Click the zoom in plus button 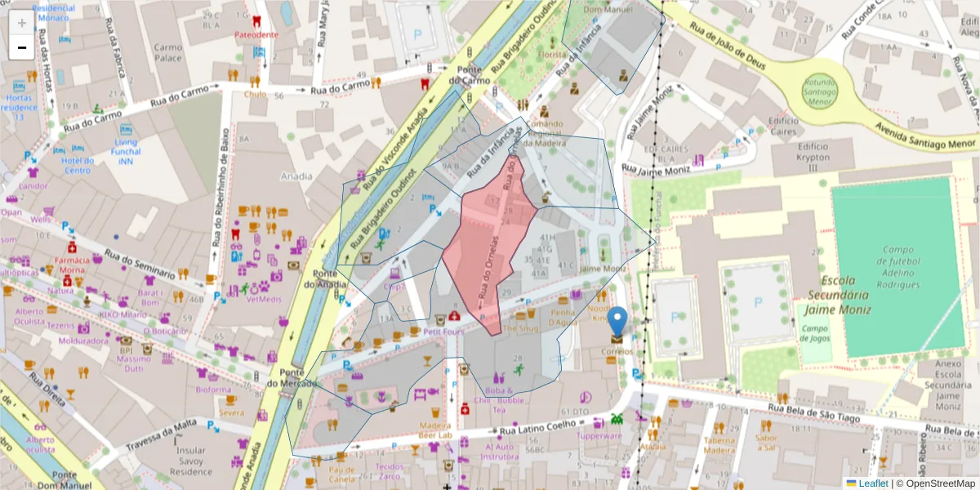pyautogui.click(x=21, y=23)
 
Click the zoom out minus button pyautogui.click(x=21, y=47)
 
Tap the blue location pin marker pyautogui.click(x=618, y=322)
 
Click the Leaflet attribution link pyautogui.click(x=872, y=483)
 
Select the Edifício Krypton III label pyautogui.click(x=813, y=157)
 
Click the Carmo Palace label pyautogui.click(x=168, y=53)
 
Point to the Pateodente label pyautogui.click(x=256, y=35)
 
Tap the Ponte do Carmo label pyautogui.click(x=474, y=75)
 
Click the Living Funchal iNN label pyautogui.click(x=126, y=152)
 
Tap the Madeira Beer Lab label pyautogui.click(x=435, y=430)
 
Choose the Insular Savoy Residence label pyautogui.click(x=194, y=461)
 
